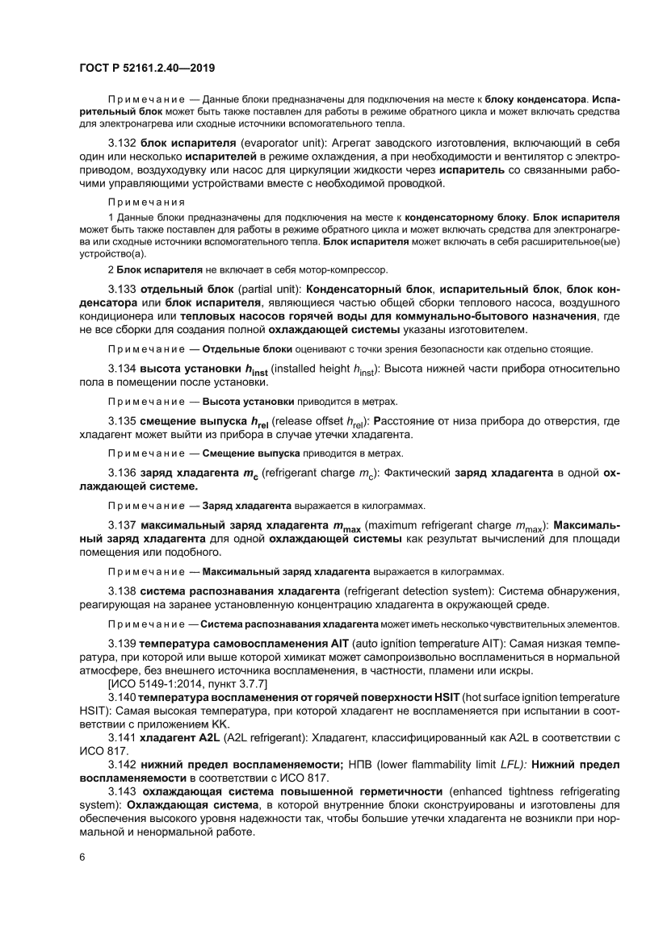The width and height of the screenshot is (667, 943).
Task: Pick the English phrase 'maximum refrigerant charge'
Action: [x=443, y=526]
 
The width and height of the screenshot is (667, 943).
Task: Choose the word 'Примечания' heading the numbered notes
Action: [x=146, y=202]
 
